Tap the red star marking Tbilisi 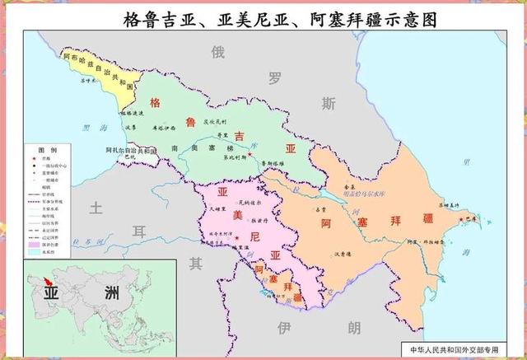tap(250, 154)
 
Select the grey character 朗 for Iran tap(354, 329)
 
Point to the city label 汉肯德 tap(344, 255)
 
